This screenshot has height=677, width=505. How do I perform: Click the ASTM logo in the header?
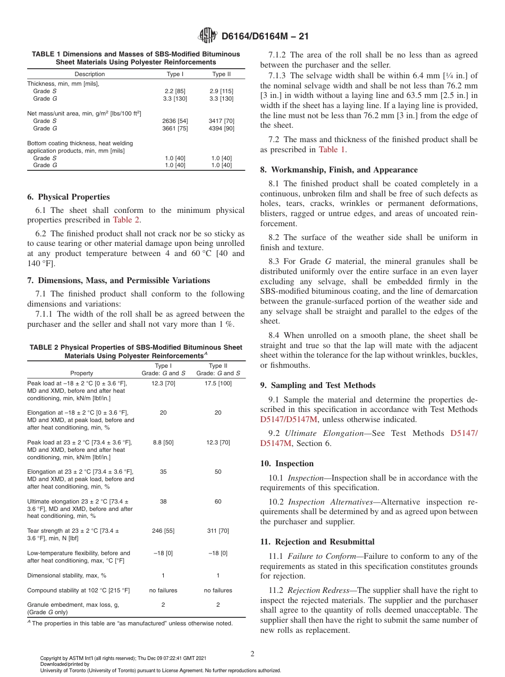[207, 36]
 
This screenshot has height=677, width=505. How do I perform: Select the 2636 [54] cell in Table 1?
[175, 121]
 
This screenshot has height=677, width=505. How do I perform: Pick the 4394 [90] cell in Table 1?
[222, 128]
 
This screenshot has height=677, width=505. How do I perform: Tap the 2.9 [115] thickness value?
[222, 91]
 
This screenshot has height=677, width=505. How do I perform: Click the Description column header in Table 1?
[90, 74]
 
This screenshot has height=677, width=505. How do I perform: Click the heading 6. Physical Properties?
[69, 197]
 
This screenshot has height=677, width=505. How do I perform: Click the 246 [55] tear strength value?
[163, 531]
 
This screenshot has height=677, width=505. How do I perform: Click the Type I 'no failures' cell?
[163, 590]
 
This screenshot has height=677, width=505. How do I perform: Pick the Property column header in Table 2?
[81, 373]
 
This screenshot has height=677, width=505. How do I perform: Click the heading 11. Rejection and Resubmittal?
[317, 542]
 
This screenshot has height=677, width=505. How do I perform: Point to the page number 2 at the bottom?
[252, 654]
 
